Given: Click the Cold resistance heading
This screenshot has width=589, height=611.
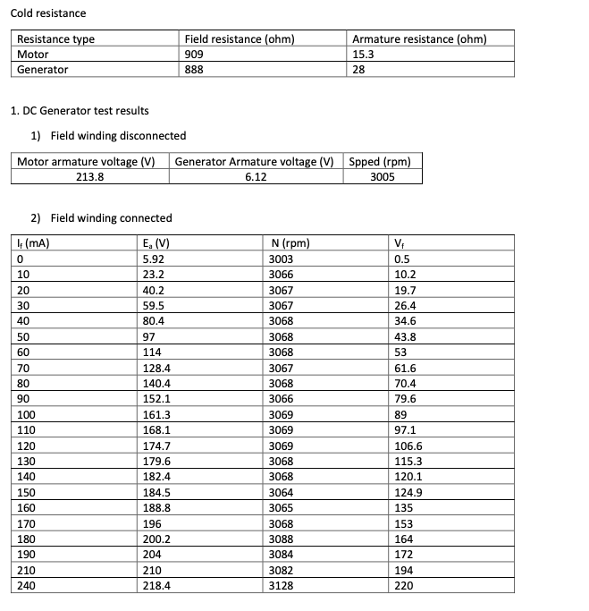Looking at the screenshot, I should pos(48,13).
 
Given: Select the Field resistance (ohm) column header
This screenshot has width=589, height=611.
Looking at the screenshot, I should pos(239,39).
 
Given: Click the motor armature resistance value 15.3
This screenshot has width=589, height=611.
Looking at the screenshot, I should pos(364,54).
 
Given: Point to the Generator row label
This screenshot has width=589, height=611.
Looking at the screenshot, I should pos(43,69).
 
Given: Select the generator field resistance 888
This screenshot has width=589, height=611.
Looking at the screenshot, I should pos(194,69).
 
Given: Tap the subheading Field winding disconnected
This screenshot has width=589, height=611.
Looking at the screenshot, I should pos(118,136).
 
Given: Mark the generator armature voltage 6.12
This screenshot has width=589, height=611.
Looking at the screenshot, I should pos(256,177).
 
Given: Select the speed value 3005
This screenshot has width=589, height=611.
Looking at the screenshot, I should pos(382,177).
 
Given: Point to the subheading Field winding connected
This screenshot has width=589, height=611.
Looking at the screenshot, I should pos(111,218).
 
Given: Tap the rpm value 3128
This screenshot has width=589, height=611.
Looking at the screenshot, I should pos(281,585).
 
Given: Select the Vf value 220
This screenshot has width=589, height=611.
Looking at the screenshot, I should pos(403,585).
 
